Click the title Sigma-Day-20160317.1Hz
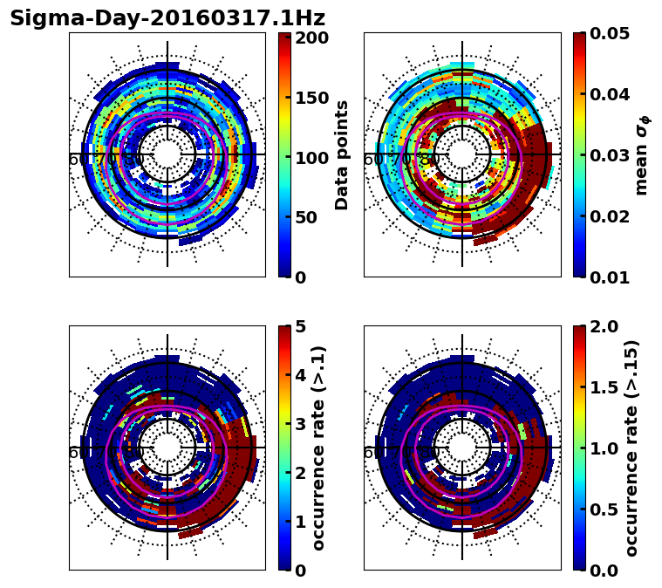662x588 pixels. click(x=167, y=18)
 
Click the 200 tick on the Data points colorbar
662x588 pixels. click(x=311, y=38)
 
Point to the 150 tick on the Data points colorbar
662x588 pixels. click(x=311, y=98)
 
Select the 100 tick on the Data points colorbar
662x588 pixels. click(x=311, y=158)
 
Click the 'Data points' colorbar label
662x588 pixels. click(x=342, y=155)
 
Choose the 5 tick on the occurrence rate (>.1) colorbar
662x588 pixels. click(x=299, y=326)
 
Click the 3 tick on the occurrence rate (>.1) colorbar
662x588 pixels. click(x=299, y=424)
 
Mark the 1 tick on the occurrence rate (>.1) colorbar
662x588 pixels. click(x=299, y=522)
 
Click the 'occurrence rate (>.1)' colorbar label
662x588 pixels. click(x=319, y=448)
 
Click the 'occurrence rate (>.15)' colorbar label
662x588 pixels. click(x=632, y=448)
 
